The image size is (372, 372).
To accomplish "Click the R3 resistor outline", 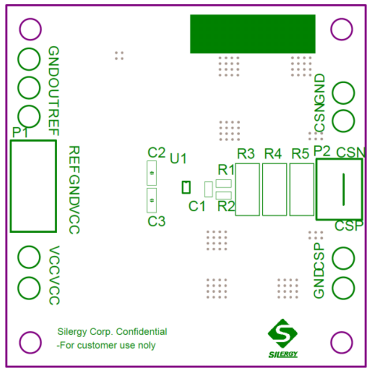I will (x=247, y=189).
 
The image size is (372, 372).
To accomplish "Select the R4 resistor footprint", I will (x=274, y=189).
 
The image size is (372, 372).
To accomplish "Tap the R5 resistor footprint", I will (x=301, y=189).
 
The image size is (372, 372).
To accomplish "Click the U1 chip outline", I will (x=186, y=187).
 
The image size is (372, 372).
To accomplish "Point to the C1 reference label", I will (x=197, y=207).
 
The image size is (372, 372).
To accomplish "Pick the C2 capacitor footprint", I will (x=152, y=173).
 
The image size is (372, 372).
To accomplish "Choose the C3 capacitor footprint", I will (x=152, y=200).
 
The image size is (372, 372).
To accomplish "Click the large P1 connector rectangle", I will (x=33, y=186).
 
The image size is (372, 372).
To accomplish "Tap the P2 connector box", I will (x=340, y=189).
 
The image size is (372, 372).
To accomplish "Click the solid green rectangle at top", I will (x=252, y=33).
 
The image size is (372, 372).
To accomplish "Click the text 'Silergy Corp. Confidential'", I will (x=112, y=332).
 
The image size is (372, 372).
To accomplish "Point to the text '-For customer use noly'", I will (x=106, y=345).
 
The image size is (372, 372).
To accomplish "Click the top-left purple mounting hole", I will (x=30, y=30).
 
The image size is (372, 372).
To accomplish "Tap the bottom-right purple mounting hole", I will (x=341, y=342).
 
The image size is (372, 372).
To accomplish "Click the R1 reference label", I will (x=226, y=170).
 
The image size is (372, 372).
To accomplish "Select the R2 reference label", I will (x=226, y=206).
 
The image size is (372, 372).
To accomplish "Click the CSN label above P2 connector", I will (x=350, y=153).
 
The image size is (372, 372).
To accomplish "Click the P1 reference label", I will (x=20, y=133).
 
